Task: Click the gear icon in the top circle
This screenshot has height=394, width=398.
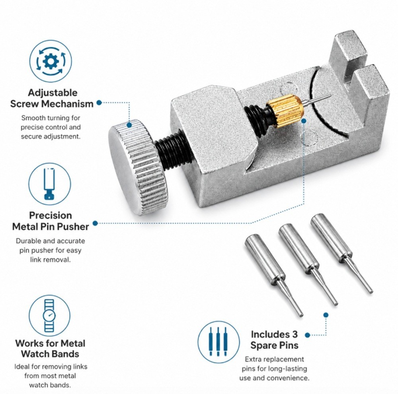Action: (x=51, y=61)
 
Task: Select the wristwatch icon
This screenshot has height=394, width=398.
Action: (x=49, y=316)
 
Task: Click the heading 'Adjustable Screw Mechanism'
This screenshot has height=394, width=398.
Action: (x=52, y=98)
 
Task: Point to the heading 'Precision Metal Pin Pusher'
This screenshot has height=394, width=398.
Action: (x=51, y=221)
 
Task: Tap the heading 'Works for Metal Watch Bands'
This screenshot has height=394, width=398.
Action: (x=50, y=348)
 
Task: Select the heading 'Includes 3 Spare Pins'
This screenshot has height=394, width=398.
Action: (x=274, y=340)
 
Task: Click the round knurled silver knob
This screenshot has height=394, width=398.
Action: (x=139, y=167)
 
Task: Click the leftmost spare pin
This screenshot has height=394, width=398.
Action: (x=273, y=275)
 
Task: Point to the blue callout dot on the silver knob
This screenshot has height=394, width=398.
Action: (x=129, y=125)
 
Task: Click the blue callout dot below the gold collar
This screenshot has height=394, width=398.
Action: (x=304, y=121)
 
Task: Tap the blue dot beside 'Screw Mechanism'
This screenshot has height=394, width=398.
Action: (x=99, y=103)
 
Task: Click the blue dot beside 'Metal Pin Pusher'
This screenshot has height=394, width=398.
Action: (x=95, y=223)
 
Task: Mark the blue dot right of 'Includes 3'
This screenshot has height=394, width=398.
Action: (x=307, y=335)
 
